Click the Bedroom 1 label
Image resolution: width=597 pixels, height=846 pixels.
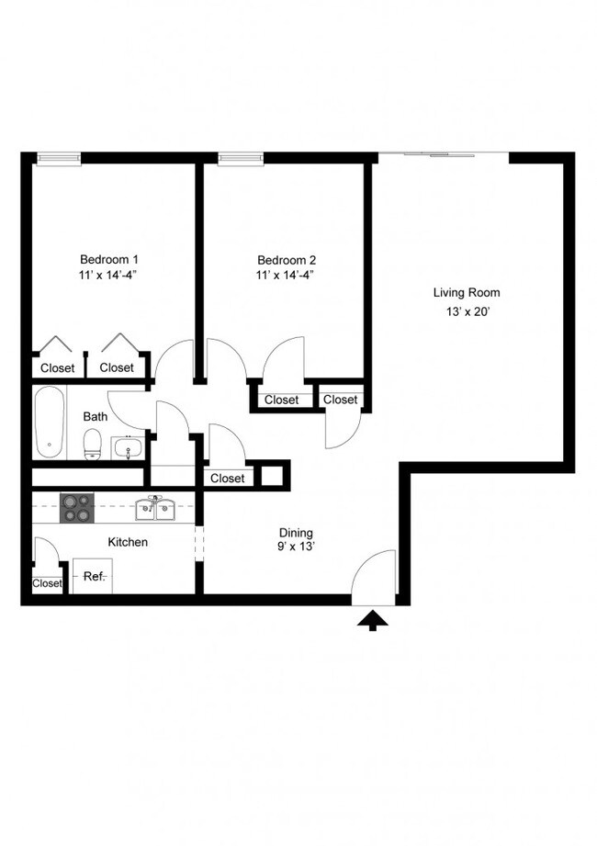tap(108, 259)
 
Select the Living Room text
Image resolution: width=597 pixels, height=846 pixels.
tap(467, 293)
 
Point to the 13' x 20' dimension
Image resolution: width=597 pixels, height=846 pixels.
tap(467, 312)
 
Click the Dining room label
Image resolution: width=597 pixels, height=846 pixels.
tap(296, 533)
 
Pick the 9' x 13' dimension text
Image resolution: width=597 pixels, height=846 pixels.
tap(296, 548)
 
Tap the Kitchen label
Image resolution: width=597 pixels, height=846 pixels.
tap(128, 542)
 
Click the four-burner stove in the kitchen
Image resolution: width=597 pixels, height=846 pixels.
tap(78, 508)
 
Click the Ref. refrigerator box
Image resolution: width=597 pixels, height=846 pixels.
tap(93, 576)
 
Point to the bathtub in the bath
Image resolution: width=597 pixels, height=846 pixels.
tap(50, 422)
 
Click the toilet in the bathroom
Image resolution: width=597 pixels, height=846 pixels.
tap(92, 446)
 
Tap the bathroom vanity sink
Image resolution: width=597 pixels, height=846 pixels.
tap(127, 448)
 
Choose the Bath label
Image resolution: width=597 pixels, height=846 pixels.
tap(96, 416)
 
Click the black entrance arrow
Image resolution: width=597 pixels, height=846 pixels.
tap(373, 622)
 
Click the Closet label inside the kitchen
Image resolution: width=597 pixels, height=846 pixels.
tap(47, 583)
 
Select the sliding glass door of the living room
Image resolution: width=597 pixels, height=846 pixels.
tap(444, 153)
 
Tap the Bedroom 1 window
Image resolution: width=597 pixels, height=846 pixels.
tap(58, 158)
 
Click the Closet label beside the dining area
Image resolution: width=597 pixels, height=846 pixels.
tap(228, 478)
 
